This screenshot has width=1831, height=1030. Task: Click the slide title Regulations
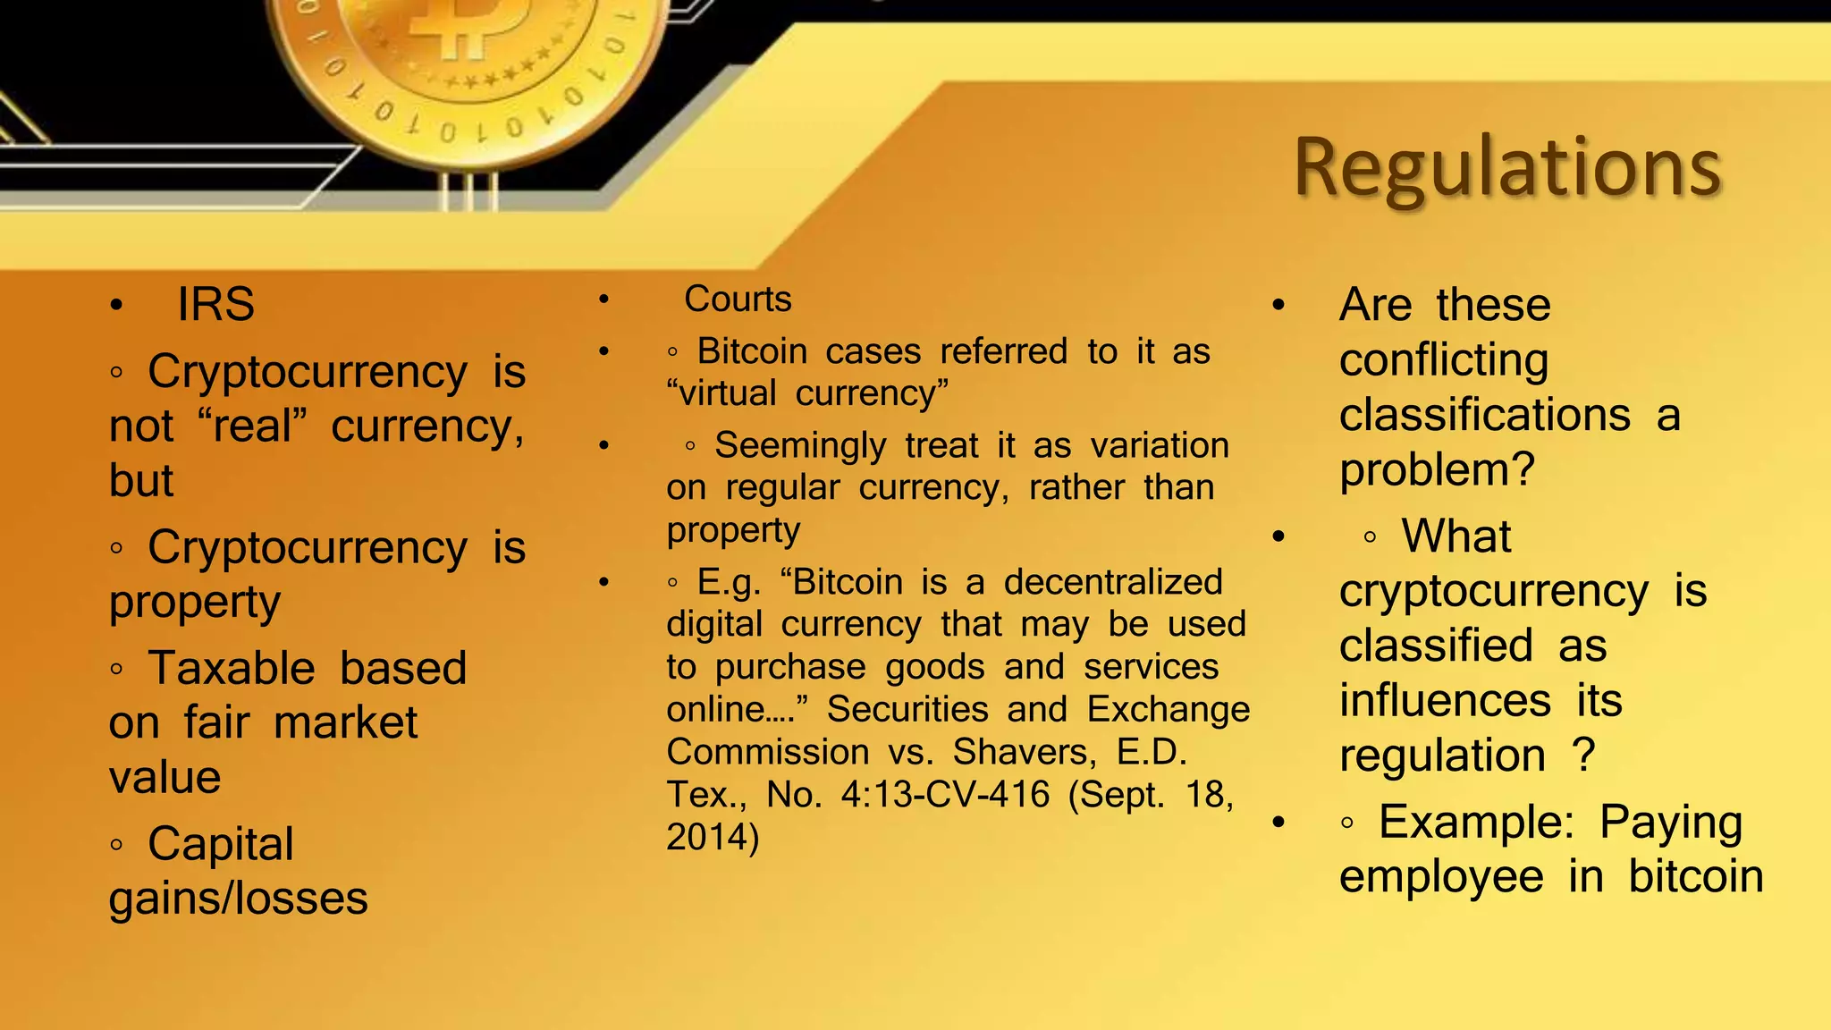click(x=1507, y=168)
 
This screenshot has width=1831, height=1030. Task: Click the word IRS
click(x=215, y=305)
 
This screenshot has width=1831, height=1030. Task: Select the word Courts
click(x=738, y=300)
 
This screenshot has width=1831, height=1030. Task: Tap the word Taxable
click(x=232, y=669)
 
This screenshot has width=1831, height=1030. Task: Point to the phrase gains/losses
click(x=238, y=899)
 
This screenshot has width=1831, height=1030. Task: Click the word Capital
click(x=220, y=844)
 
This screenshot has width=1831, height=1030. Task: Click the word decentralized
click(x=1113, y=583)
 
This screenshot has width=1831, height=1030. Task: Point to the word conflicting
click(x=1443, y=361)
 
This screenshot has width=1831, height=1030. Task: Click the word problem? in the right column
click(x=1437, y=470)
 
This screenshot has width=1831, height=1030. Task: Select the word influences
click(x=1445, y=701)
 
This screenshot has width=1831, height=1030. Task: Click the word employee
click(x=1441, y=877)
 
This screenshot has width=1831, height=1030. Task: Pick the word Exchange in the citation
click(x=1168, y=710)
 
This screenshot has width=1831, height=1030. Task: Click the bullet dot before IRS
click(x=116, y=306)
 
